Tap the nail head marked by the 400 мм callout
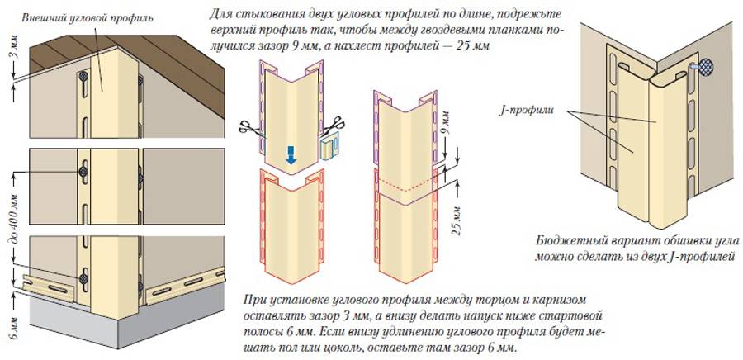point(84,170)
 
